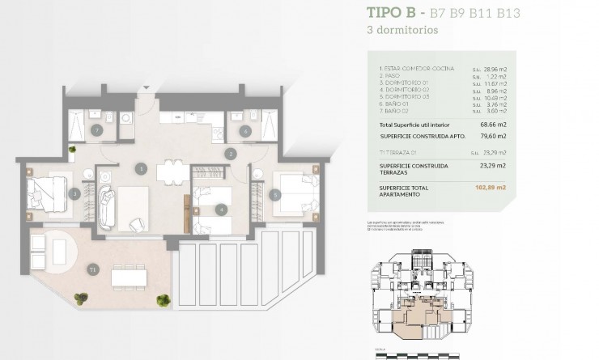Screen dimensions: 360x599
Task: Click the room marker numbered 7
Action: click(96, 129)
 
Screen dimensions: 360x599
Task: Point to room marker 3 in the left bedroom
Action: click(74, 193)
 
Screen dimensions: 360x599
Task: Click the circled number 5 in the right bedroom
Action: click(275, 193)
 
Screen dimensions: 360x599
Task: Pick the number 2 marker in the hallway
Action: click(231, 153)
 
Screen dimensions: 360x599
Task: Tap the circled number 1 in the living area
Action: click(141, 168)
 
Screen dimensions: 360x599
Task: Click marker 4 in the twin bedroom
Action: click(220, 210)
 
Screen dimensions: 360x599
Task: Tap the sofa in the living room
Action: click(106, 208)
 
